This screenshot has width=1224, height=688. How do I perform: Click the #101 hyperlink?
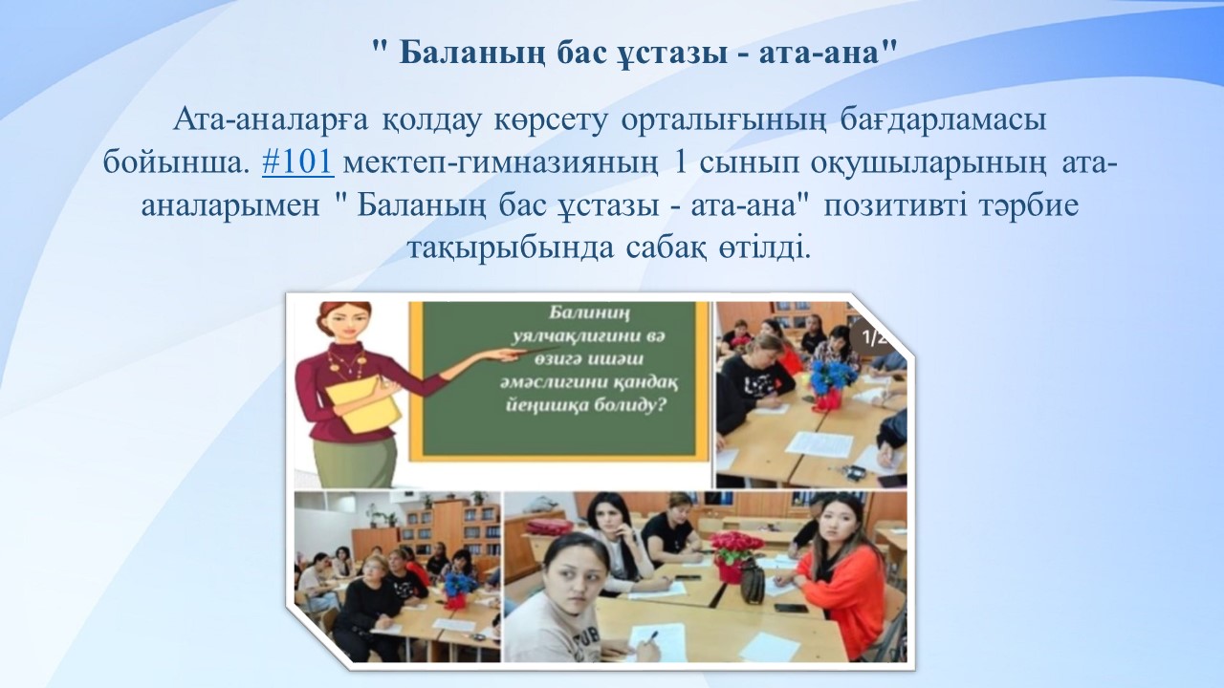click(297, 162)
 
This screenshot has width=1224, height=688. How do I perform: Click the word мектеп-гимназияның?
click(501, 163)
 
